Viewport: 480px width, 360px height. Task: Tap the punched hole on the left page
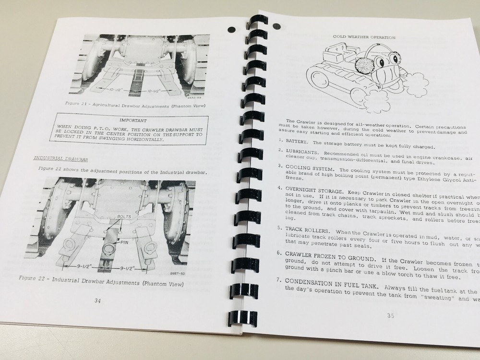[232, 29]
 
